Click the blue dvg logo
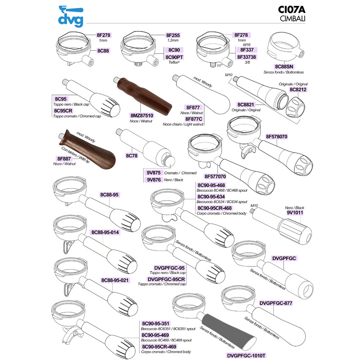pos(71,16)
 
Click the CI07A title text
pos(292,9)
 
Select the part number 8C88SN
pos(284,67)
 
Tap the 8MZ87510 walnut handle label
pos(142,116)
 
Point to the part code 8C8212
pos(298,90)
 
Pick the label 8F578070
pos(276,137)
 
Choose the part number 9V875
pos(153,173)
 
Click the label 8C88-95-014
pos(105,232)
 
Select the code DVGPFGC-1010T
pos(246,355)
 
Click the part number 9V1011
pos(295,212)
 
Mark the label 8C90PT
pos(174,57)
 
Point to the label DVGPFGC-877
pos(276,303)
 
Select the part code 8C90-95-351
pos(155,324)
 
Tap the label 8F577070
pos(215,176)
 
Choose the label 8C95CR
pos(63,111)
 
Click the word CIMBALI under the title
pos(292,18)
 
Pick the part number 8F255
pos(173,35)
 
